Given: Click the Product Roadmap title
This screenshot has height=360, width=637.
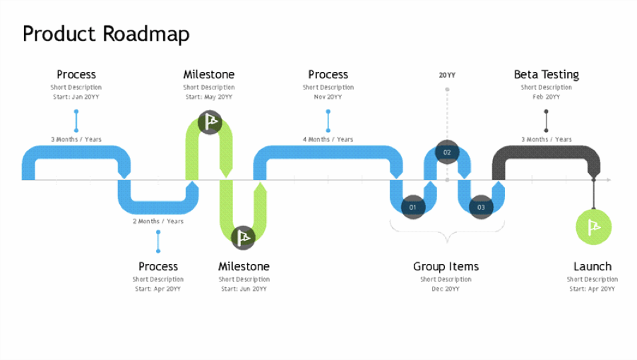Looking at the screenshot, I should coord(106,34).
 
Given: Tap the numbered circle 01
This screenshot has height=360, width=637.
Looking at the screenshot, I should coord(413,207).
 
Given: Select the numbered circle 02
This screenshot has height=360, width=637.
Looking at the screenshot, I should coord(447,152).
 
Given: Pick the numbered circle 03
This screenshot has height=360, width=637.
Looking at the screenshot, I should coord(481,207).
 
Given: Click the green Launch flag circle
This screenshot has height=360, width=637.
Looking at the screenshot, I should coord(593,227).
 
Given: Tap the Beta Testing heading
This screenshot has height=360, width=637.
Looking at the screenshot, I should coord(546,74).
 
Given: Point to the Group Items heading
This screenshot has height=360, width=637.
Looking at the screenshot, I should coord(446,266).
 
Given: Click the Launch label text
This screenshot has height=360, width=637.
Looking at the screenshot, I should coord(592,266).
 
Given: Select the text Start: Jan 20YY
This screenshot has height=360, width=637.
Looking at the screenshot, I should coord(76,97).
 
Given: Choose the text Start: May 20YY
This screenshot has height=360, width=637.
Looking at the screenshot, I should coord(209,97).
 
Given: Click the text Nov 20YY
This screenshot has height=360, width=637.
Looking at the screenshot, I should coord(328,97).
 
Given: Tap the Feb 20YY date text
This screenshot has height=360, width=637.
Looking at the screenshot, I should coord(546,97).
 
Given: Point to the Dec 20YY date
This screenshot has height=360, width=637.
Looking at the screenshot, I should coord(446,289).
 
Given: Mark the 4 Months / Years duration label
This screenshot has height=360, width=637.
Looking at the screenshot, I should coord(328,139).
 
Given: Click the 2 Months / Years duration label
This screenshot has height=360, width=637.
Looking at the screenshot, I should coord(158,221).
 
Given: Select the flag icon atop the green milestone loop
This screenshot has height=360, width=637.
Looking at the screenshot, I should coord(210,122).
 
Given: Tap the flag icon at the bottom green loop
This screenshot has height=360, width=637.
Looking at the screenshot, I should coord(243,237).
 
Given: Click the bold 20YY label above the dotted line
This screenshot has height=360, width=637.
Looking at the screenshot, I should coord(447,74).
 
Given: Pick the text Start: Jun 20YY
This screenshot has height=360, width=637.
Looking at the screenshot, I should coord(244,289).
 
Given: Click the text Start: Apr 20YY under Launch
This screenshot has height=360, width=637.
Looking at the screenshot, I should coord(592,289).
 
